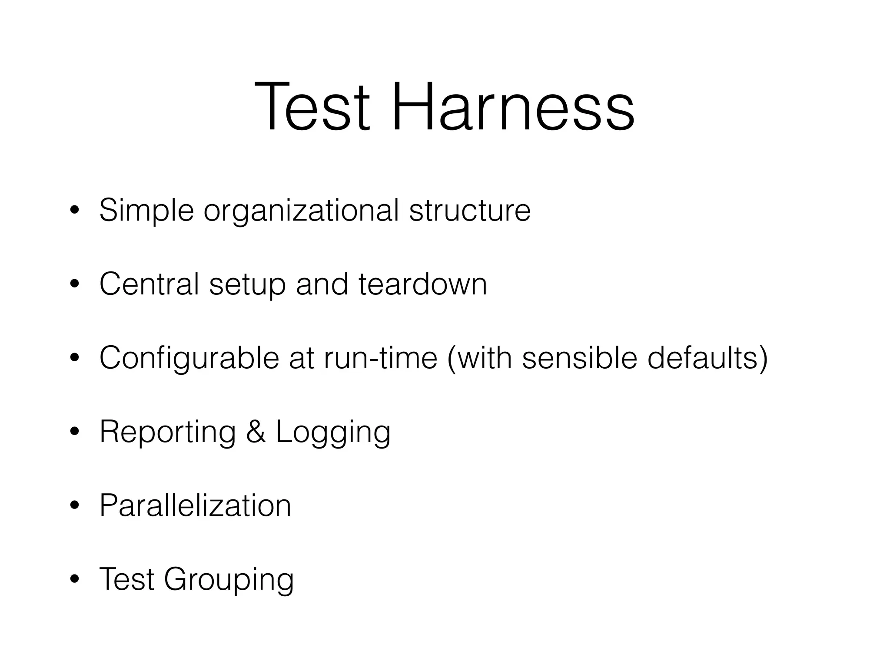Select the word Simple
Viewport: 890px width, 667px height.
[146, 211]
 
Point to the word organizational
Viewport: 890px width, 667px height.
[301, 211]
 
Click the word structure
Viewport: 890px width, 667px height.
[470, 211]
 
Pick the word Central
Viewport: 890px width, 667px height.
[149, 284]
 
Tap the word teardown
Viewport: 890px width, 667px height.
[423, 284]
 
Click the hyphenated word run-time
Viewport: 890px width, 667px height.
[380, 358]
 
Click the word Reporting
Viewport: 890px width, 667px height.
[168, 432]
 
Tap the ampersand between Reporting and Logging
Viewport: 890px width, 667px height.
[256, 432]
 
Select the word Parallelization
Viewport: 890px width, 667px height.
[195, 505]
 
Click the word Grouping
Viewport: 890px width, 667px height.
[229, 580]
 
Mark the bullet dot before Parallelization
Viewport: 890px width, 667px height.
[75, 505]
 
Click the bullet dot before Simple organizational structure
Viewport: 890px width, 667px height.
[75, 211]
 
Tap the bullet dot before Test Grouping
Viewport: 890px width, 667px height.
[75, 579]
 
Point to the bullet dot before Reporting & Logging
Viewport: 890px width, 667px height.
[75, 432]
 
